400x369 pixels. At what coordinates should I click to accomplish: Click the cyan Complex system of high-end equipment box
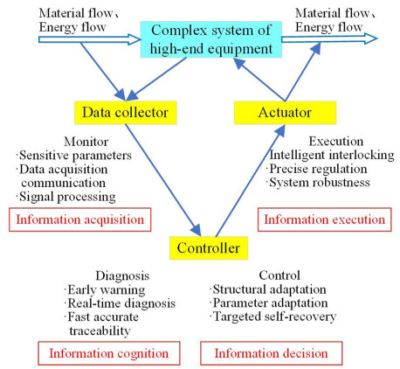pyautogui.click(x=211, y=39)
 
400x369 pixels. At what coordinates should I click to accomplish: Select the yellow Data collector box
pyautogui.click(x=126, y=113)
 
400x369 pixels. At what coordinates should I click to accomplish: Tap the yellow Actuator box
pyautogui.click(x=285, y=113)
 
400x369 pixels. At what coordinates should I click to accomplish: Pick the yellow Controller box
pyautogui.click(x=209, y=247)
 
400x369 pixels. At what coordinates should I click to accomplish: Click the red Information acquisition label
pyautogui.click(x=80, y=219)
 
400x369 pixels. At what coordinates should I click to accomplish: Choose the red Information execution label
pyautogui.click(x=325, y=219)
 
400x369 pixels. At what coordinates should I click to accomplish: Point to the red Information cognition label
pyautogui.click(x=109, y=353)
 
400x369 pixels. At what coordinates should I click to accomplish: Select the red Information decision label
pyautogui.click(x=271, y=353)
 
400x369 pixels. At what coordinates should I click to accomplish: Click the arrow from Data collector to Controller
pyautogui.click(x=163, y=180)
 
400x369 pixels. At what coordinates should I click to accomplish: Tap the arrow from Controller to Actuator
pyautogui.click(x=251, y=181)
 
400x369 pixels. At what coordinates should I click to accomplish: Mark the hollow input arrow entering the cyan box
pyautogui.click(x=90, y=39)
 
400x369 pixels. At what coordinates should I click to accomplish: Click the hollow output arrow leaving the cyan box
pyautogui.click(x=329, y=38)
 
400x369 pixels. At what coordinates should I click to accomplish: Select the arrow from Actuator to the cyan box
pyautogui.click(x=259, y=80)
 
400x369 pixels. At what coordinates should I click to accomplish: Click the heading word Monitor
pyautogui.click(x=86, y=142)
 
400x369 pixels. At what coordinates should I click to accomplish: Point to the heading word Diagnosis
pyautogui.click(x=122, y=275)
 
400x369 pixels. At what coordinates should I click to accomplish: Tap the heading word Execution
pyautogui.click(x=336, y=142)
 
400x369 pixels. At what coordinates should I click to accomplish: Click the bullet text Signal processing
pyautogui.click(x=67, y=197)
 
